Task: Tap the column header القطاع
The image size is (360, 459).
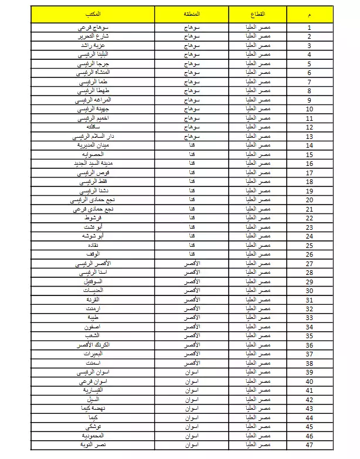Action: [257, 13]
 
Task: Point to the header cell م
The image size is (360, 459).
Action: [310, 13]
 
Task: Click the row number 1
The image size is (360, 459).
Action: [310, 27]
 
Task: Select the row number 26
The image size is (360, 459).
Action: [310, 254]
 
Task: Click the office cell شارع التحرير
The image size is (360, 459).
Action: [93, 36]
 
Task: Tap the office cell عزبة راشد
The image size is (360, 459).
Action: [93, 45]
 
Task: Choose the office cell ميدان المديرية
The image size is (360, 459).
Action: [93, 145]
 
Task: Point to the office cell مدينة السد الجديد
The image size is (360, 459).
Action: [93, 163]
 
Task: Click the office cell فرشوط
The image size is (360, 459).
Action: [93, 217]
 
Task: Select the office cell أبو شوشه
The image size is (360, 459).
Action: [93, 236]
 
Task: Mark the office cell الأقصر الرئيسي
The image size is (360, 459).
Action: [93, 263]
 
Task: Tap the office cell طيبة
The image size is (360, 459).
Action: [93, 318]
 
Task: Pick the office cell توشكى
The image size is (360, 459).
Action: [93, 427]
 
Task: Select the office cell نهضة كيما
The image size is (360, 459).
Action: [93, 409]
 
